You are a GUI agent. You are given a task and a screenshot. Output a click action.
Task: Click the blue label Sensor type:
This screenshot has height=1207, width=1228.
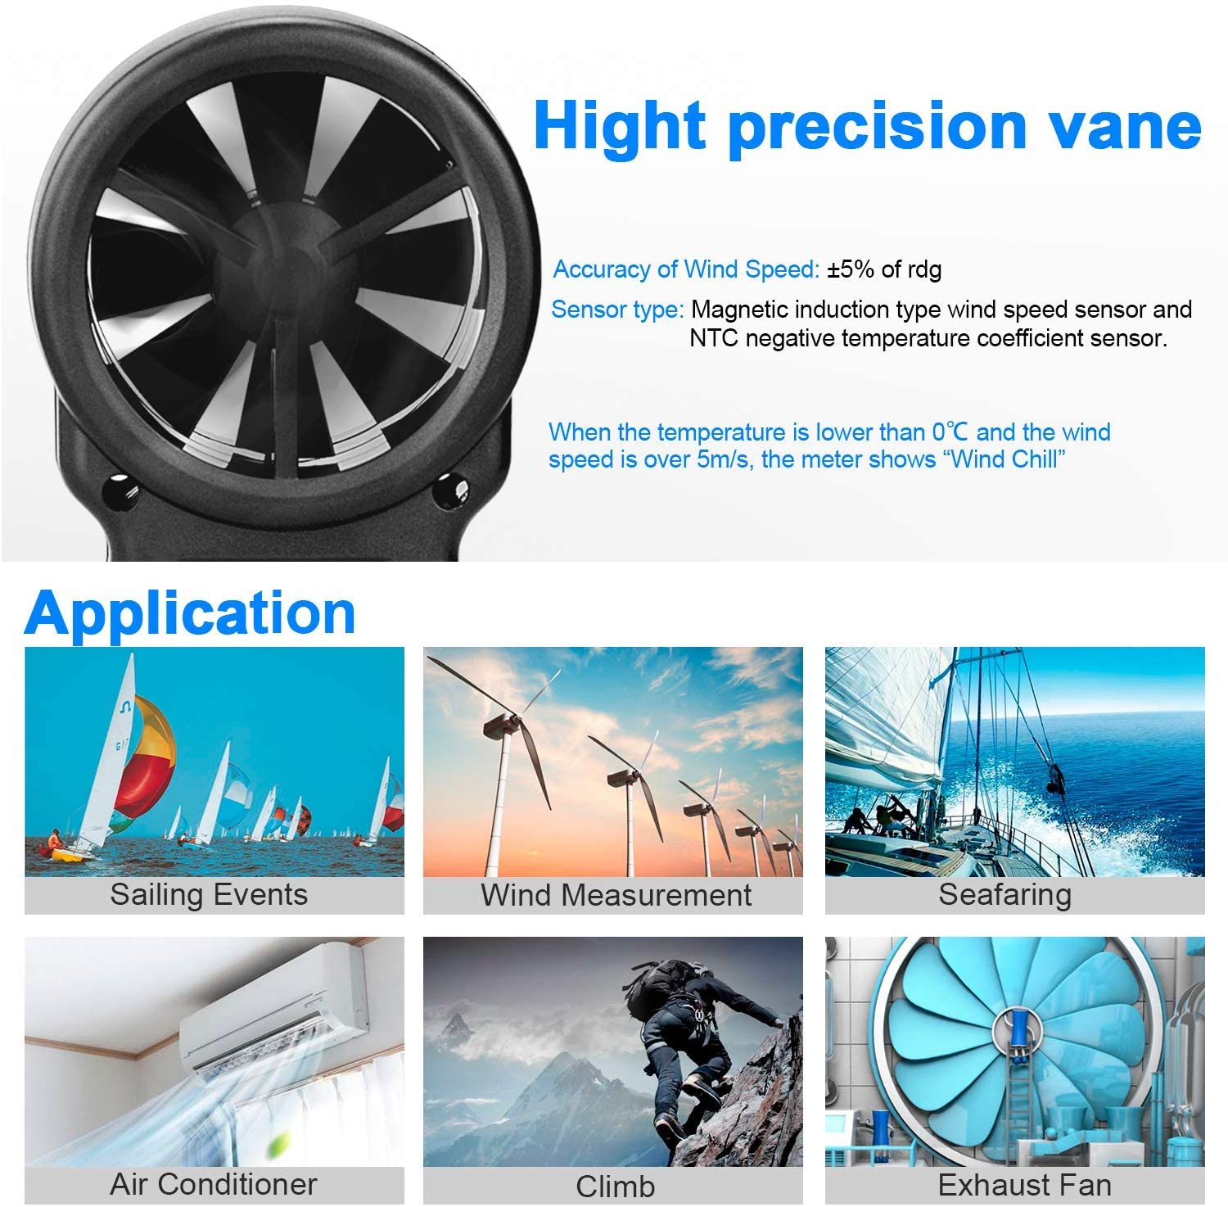(617, 310)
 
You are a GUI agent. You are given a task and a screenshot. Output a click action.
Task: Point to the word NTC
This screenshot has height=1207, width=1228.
(713, 338)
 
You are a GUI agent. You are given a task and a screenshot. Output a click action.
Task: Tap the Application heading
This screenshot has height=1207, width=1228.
(190, 613)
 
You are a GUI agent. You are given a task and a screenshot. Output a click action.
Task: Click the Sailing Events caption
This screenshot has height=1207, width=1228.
(210, 895)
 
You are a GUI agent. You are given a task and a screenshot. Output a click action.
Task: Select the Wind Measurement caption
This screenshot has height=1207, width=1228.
(616, 895)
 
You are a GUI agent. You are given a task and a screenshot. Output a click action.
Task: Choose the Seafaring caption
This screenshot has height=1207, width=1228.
(1005, 895)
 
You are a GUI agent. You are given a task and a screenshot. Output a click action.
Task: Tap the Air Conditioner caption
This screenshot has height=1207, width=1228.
(214, 1184)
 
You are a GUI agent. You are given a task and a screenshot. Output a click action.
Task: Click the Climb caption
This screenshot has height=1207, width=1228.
(615, 1186)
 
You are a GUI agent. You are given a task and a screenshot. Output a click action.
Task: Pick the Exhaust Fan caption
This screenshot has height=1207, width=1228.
(1023, 1185)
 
